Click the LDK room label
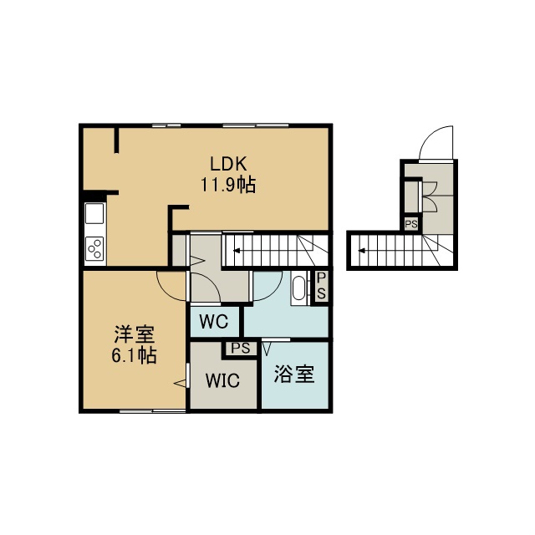click(228, 164)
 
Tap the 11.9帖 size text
click(228, 186)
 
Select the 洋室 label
click(135, 334)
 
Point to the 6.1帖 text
click(134, 355)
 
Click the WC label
click(214, 321)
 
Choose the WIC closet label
click(222, 380)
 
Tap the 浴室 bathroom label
click(294, 374)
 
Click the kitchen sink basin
click(94, 214)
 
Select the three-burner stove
click(94, 249)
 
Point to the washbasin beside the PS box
click(299, 288)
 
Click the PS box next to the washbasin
click(321, 286)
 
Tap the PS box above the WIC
click(241, 349)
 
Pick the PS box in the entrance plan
click(411, 224)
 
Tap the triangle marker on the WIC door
click(181, 383)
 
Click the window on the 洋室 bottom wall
click(152, 410)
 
